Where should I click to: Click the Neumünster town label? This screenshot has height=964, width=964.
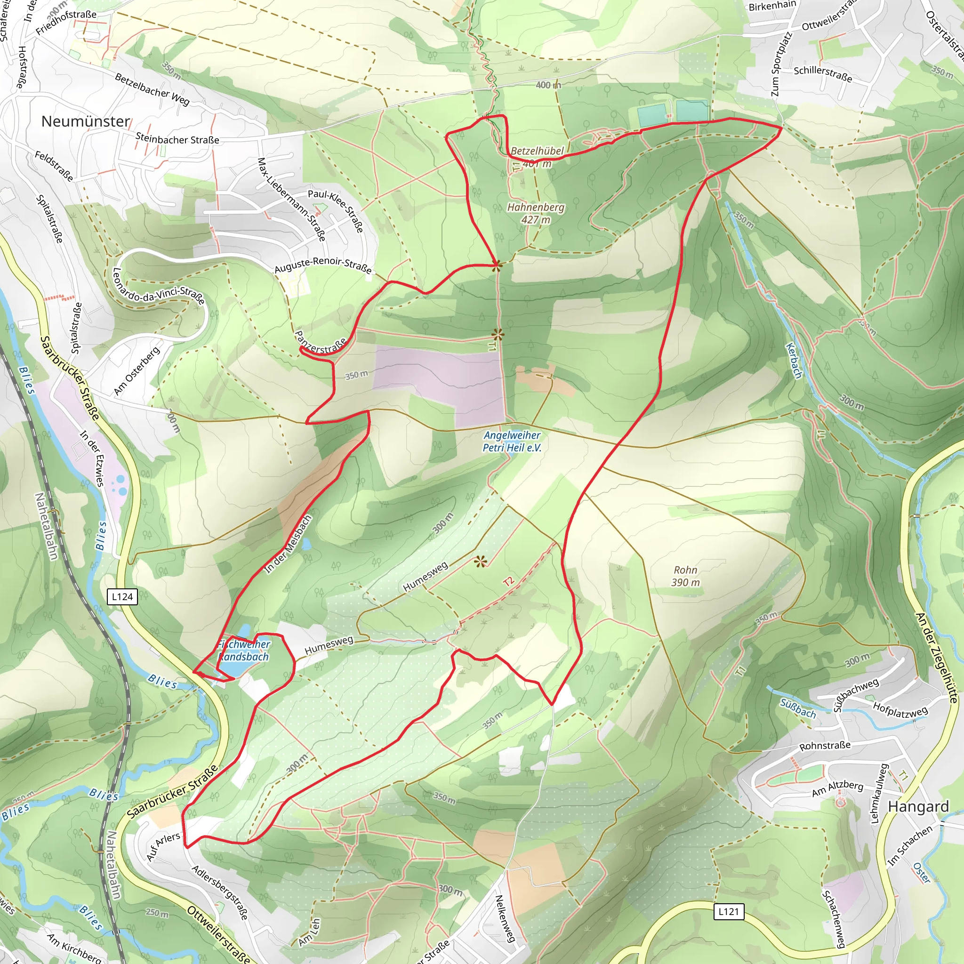[85, 121]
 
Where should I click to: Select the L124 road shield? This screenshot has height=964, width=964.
[122, 596]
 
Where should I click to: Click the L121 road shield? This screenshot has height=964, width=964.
[729, 912]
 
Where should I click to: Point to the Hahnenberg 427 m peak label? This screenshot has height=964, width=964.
[536, 213]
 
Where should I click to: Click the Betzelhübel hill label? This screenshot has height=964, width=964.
[537, 151]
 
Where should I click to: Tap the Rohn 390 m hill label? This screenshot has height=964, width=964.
[685, 576]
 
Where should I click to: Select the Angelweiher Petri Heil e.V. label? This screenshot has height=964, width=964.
[512, 442]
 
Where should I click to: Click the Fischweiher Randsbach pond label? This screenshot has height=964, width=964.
[244, 651]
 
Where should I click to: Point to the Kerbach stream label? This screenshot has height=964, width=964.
[794, 360]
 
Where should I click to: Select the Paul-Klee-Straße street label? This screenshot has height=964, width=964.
[336, 210]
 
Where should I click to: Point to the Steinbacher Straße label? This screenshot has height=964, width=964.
[177, 139]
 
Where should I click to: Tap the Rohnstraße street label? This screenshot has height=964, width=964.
[825, 746]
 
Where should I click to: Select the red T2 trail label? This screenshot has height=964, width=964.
[508, 581]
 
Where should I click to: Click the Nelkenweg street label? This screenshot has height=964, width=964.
[504, 918]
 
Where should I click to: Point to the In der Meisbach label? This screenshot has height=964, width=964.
[289, 544]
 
